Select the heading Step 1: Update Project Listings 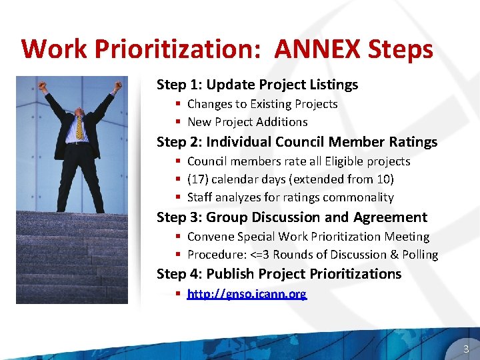257,85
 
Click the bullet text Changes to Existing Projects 262,104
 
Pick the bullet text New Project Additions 247,122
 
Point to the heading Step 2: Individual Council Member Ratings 297,142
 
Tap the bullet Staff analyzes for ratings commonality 290,197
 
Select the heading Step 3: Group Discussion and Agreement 291,217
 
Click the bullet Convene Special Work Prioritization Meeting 308,237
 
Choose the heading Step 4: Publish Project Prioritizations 279,274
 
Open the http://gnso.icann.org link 247,293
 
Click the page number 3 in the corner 466,349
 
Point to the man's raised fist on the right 117,86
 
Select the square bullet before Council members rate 179,162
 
